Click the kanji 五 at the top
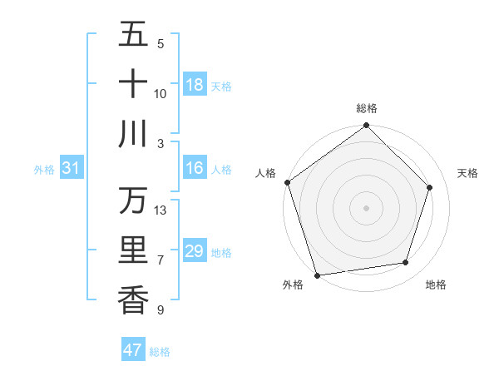pos(133,35)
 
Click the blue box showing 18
pos(195,85)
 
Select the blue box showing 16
pos(195,169)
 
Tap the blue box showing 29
pos(195,251)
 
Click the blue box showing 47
pos(133,350)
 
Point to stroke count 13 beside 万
pos(161,210)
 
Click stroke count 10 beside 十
pos(161,93)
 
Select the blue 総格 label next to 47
pos(160,352)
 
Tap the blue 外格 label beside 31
pos(44,170)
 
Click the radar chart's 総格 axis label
pos(367,108)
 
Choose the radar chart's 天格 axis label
pos(468,173)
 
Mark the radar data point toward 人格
pos(288,182)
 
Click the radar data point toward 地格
pos(406,263)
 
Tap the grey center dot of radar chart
pos(367,207)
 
